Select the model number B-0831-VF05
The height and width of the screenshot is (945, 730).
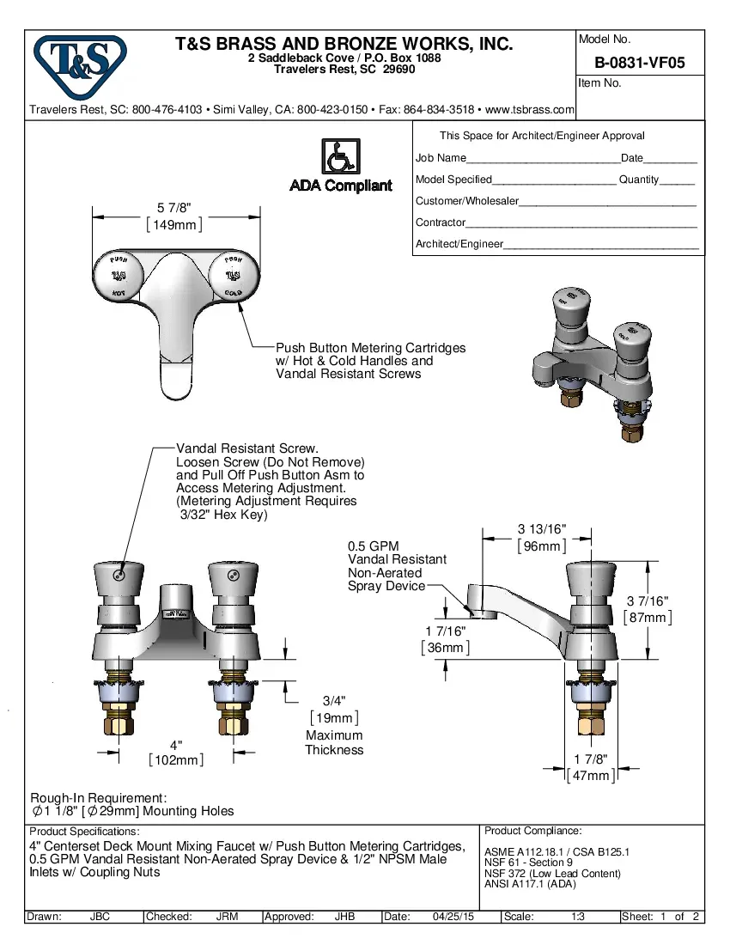pos(639,63)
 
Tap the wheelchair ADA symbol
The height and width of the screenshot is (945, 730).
pos(340,156)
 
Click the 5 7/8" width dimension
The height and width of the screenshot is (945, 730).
pos(173,208)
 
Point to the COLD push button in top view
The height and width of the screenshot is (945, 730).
pos(232,275)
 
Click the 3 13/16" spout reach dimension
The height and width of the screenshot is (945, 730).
pos(541,529)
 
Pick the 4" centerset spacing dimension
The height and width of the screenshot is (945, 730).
pos(176,745)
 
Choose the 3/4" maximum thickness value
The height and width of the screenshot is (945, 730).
pos(334,701)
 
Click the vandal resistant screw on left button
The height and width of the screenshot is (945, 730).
pos(119,574)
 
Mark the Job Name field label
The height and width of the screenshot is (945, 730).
pos(441,158)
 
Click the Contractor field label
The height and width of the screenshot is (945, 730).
pos(441,223)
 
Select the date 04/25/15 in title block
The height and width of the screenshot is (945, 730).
pos(453,917)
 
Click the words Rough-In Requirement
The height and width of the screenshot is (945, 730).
pos(98,798)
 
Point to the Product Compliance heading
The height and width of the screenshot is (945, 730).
pos(532,831)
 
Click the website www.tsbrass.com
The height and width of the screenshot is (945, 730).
pos(529,110)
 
